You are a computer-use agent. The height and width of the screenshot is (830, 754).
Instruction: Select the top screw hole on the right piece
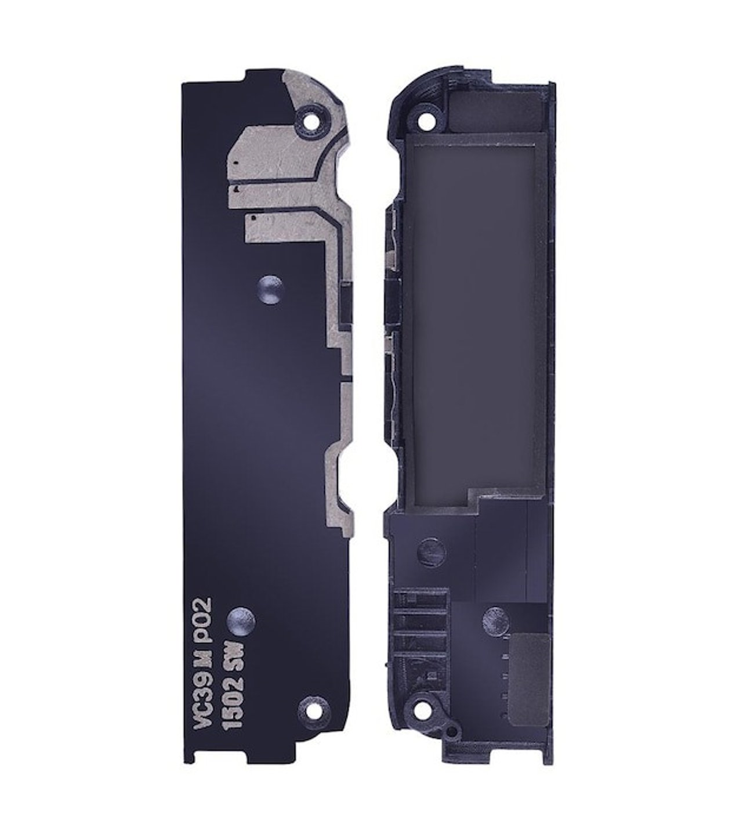(427, 120)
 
